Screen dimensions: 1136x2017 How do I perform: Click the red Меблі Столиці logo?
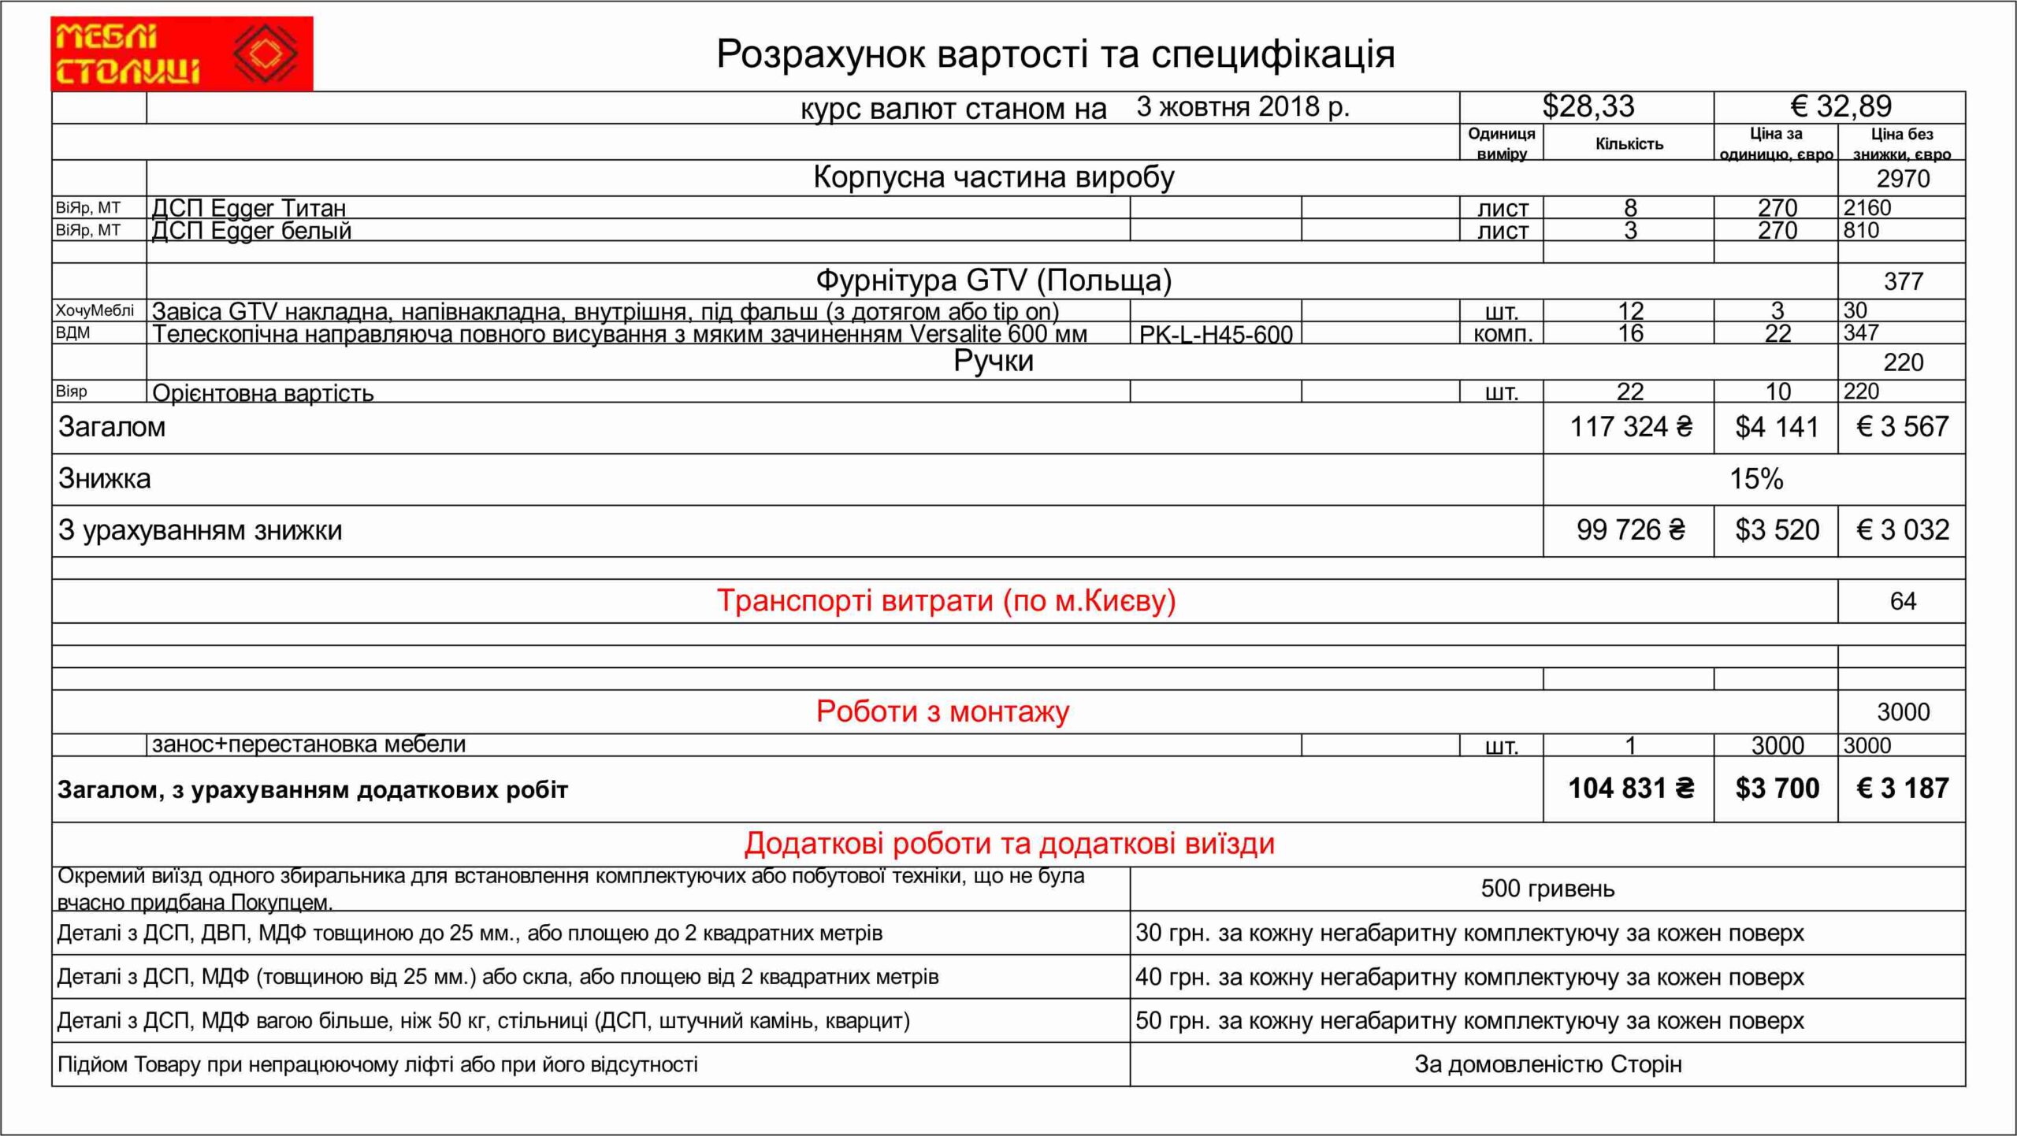pyautogui.click(x=181, y=54)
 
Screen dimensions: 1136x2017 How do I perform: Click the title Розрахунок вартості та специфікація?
pyautogui.click(x=1055, y=54)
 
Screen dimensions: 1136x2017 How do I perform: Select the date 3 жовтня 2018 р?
pyautogui.click(x=1243, y=106)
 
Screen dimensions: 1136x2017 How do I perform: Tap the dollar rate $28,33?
pyautogui.click(x=1588, y=106)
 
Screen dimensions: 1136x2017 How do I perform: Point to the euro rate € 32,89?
pyautogui.click(x=1841, y=106)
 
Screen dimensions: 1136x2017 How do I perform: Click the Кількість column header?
pyautogui.click(x=1629, y=143)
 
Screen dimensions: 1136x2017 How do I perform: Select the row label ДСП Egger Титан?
pyautogui.click(x=248, y=208)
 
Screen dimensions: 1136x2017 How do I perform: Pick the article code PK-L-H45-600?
pyautogui.click(x=1216, y=335)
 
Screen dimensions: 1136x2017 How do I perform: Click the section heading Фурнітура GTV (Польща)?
pyautogui.click(x=993, y=280)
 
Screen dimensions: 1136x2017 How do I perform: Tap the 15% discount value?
pyautogui.click(x=1755, y=479)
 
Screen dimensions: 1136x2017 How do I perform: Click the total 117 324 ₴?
pyautogui.click(x=1630, y=427)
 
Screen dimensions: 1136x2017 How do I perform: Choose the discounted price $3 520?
pyautogui.click(x=1777, y=530)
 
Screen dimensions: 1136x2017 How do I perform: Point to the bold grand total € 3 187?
pyautogui.click(x=1902, y=789)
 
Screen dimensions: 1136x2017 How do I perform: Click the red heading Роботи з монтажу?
pyautogui.click(x=942, y=711)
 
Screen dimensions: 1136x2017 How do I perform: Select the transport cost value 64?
pyautogui.click(x=1902, y=601)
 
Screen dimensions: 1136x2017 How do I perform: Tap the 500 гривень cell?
pyautogui.click(x=1547, y=889)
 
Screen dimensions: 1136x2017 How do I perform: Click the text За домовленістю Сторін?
pyautogui.click(x=1547, y=1064)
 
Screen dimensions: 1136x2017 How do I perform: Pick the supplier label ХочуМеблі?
pyautogui.click(x=95, y=310)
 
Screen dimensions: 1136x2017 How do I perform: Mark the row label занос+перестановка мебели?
pyautogui.click(x=309, y=744)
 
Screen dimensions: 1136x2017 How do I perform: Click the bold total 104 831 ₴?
pyautogui.click(x=1630, y=789)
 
